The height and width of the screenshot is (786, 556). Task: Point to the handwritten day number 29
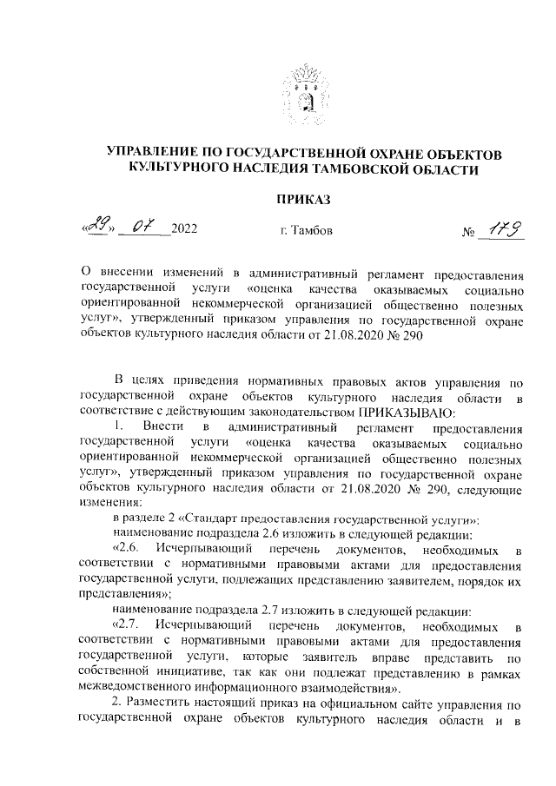click(x=96, y=228)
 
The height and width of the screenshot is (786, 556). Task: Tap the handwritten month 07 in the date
click(x=141, y=228)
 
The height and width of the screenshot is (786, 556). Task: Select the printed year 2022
click(x=184, y=231)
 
